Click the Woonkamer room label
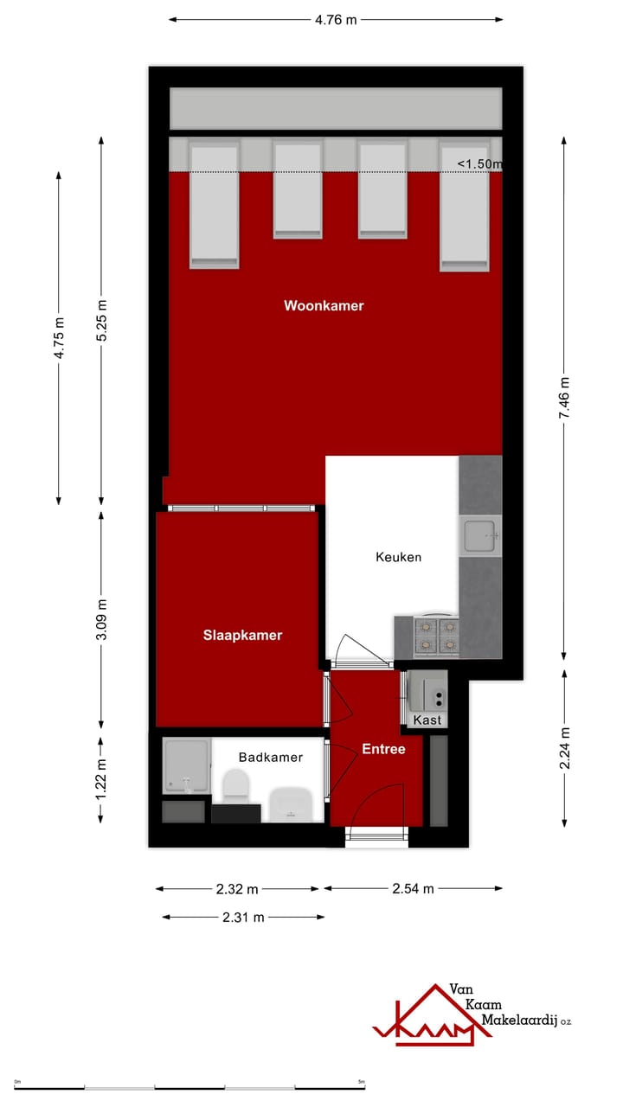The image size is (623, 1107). coord(324,306)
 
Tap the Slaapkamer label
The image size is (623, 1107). coord(242,636)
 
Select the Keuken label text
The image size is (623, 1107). coord(398,557)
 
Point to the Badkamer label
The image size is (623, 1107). coord(271,758)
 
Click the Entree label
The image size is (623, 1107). coord(383,750)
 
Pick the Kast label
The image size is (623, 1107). coord(427,720)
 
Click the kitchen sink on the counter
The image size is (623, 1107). coord(480,535)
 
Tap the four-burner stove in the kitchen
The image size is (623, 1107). coord(436,637)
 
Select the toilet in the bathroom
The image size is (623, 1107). coord(235,786)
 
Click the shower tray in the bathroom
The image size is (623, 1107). coord(187,766)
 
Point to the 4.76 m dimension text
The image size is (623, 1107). coord(336,20)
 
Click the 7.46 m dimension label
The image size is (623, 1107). coord(564,398)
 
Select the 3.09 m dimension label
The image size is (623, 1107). coord(102,619)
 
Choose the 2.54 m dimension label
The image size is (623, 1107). coord(413,888)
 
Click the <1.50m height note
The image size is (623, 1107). coord(479,164)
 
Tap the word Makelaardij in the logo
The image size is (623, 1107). coord(518,1021)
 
